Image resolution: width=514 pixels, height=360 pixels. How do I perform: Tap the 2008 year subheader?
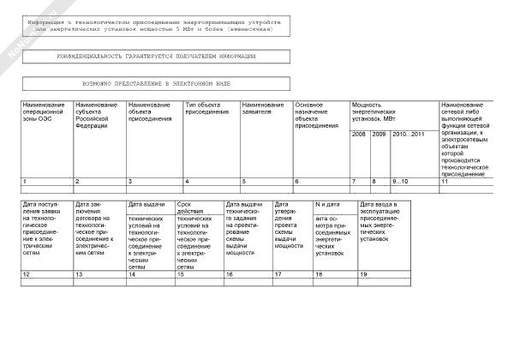pos(359,135)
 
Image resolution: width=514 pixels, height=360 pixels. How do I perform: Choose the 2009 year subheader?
pos(379,135)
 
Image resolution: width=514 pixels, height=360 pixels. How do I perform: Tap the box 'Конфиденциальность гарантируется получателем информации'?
pos(158,56)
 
